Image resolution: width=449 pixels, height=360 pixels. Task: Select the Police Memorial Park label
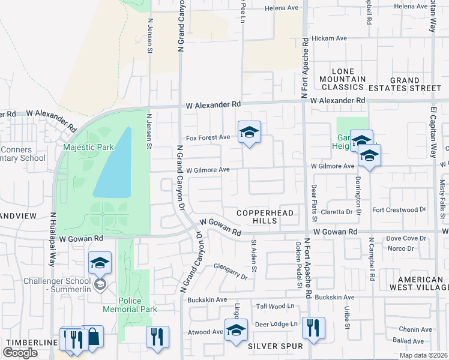(x=130, y=305)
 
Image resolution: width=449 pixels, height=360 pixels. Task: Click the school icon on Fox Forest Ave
(x=249, y=132)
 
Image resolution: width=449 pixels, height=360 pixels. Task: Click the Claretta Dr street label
(x=340, y=212)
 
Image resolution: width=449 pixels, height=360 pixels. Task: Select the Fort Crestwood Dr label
(x=399, y=210)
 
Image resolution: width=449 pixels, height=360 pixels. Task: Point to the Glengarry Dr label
(x=231, y=273)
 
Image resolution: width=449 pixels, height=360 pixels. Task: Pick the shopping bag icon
(x=94, y=337)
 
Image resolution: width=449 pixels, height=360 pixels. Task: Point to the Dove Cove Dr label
(x=406, y=238)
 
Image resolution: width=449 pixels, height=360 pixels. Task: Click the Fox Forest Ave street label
(x=208, y=137)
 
